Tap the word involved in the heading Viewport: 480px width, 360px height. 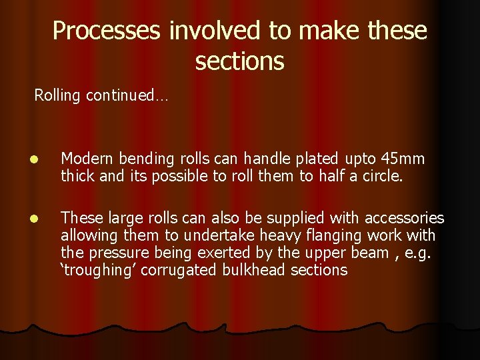[x=206, y=31]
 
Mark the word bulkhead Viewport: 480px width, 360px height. [x=247, y=270]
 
